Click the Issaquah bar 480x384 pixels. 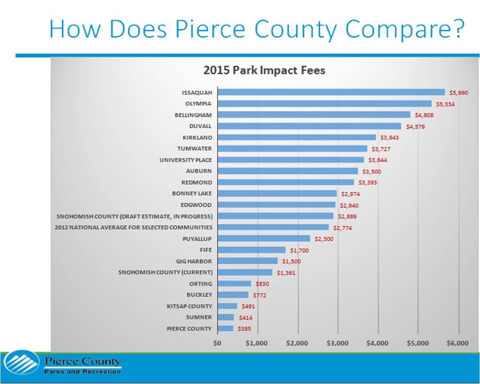(x=331, y=92)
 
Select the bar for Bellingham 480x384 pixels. (x=314, y=115)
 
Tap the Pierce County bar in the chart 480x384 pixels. (x=225, y=329)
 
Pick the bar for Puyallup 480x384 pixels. (x=264, y=239)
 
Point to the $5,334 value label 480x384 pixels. (x=446, y=104)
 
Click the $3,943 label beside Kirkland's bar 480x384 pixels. (x=389, y=138)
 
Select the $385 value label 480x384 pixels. (x=244, y=329)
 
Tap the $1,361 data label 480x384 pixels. (x=286, y=272)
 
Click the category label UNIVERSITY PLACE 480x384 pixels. (x=186, y=160)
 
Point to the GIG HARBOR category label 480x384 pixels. (x=194, y=261)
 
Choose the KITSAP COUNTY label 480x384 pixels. (x=189, y=306)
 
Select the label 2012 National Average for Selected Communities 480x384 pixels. (x=133, y=228)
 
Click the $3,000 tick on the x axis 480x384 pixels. (x=337, y=343)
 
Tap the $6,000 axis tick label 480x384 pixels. (x=458, y=343)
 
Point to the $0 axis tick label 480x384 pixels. (x=217, y=343)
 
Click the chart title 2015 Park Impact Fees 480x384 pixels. (x=264, y=71)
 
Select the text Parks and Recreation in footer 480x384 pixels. (x=83, y=372)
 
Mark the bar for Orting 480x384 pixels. (x=234, y=284)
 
